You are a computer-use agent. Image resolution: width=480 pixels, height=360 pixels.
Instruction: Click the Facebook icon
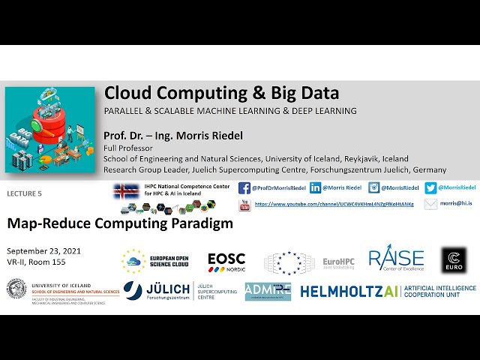244,188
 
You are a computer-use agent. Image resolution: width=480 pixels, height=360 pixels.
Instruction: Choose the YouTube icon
244,205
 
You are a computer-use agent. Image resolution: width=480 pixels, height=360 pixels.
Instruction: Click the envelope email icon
430,204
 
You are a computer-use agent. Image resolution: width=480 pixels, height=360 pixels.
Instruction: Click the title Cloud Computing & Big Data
221,94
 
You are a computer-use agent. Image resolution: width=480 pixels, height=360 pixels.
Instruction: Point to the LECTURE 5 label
24,193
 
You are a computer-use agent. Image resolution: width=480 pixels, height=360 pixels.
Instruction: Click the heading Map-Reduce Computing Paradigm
120,223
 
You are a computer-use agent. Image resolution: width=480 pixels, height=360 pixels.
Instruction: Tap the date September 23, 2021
43,250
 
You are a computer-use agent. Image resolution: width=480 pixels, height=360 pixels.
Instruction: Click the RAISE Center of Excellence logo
396,259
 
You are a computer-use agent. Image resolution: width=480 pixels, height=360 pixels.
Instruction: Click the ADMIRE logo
268,292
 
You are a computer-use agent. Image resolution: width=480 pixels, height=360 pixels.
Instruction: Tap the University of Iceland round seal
16,291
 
